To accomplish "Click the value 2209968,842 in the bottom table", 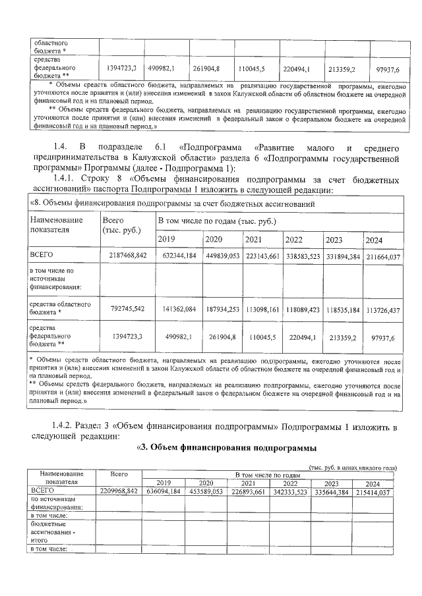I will (x=119, y=491).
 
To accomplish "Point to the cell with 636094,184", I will (x=163, y=491).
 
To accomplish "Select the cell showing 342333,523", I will (x=291, y=491).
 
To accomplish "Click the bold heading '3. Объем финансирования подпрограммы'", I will (x=228, y=449).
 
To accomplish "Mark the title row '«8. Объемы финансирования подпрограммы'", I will (x=171, y=203).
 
